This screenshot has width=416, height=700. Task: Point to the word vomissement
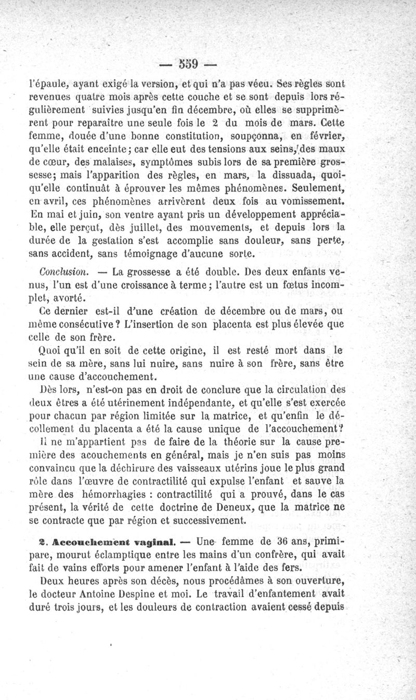pos(309,201)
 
